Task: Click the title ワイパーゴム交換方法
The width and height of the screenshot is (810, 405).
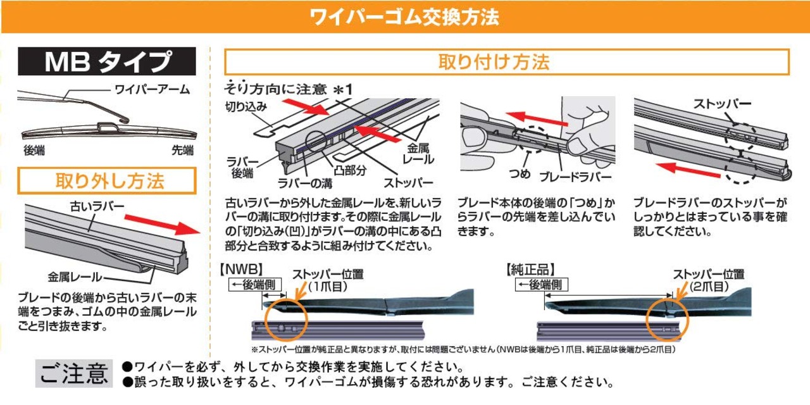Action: click(405, 16)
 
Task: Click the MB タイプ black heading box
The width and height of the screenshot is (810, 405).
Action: click(107, 62)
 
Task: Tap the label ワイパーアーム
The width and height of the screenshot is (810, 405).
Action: click(151, 89)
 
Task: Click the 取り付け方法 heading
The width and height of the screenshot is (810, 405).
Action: click(507, 62)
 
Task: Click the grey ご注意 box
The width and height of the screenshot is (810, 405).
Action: click(75, 374)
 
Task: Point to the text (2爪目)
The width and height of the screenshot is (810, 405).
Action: click(708, 286)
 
